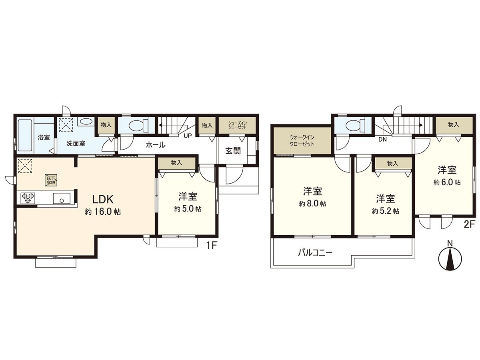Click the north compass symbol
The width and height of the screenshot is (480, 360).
pos(450,258)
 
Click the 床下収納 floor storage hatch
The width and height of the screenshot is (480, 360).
pos(50,180)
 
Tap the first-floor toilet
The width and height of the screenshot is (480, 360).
pos(136,125)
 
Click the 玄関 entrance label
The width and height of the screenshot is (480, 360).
pos(233,152)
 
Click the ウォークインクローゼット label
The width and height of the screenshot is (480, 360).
pos(302,140)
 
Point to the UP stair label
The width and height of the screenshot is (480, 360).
pos(188,136)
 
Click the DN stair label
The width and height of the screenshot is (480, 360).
pos(382,140)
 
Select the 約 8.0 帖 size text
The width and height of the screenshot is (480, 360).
pos(312,204)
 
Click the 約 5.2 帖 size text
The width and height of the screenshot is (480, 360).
pos(385,211)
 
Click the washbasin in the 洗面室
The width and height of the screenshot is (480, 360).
pos(85,121)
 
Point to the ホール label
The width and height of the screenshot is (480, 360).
pos(156,145)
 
